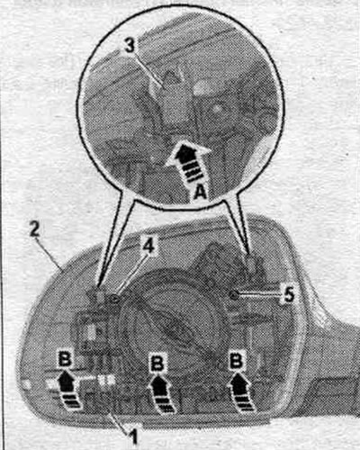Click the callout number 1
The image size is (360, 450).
[133, 436]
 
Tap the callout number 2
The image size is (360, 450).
[34, 229]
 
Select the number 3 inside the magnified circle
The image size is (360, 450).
[130, 46]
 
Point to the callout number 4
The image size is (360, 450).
[148, 247]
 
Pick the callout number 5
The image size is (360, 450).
[289, 295]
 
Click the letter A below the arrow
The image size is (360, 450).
[199, 191]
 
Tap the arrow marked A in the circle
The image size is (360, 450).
[188, 160]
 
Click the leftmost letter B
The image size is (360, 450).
[64, 359]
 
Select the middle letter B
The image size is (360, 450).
[157, 364]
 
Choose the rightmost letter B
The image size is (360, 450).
[236, 361]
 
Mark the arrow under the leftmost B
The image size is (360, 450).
[69, 390]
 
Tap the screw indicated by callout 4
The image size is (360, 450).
[115, 299]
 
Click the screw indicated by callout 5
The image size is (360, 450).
[234, 295]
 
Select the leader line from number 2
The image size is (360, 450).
[48, 253]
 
